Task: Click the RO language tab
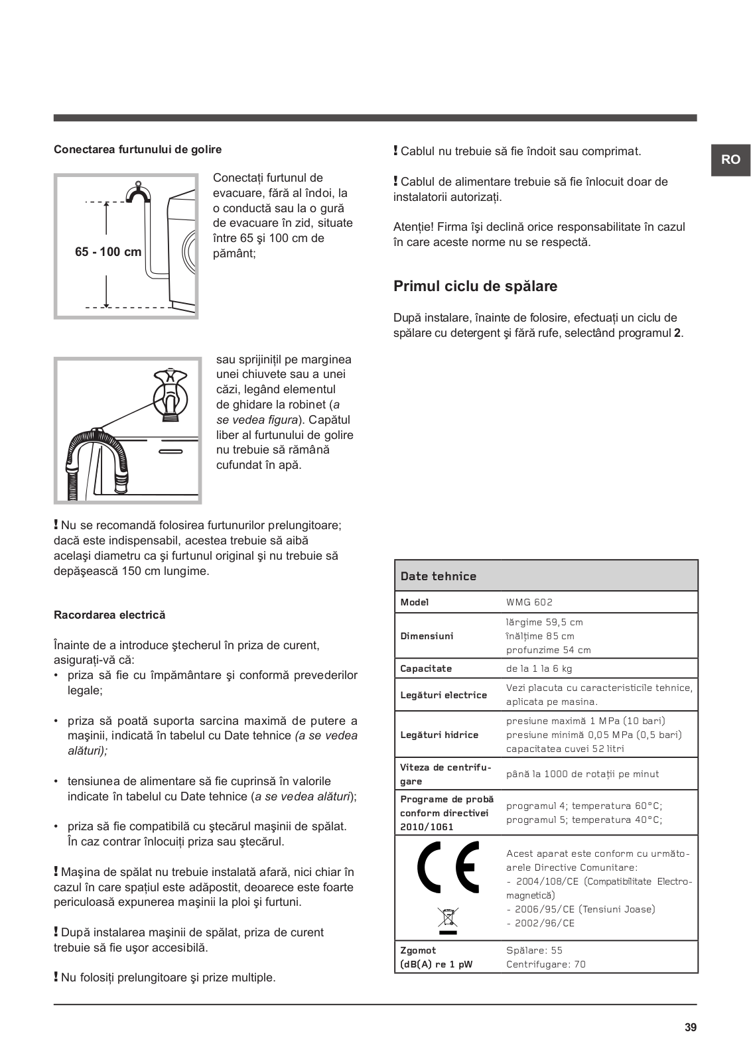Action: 730,160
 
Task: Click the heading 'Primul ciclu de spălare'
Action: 475,286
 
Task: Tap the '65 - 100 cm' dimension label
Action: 108,252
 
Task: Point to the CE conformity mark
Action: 448,867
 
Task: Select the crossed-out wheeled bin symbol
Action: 448,918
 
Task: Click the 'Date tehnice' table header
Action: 439,576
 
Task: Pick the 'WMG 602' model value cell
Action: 529,602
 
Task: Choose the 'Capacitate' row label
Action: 426,668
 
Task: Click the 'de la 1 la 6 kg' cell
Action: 539,668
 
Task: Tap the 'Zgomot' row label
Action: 418,950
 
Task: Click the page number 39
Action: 691,1028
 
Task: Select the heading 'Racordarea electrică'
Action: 109,615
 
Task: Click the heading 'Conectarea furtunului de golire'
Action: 137,150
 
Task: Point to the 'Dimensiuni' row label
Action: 427,636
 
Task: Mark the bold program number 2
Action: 677,333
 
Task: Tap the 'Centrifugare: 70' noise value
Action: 546,964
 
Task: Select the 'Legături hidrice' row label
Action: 439,735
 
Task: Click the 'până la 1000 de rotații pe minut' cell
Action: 582,774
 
